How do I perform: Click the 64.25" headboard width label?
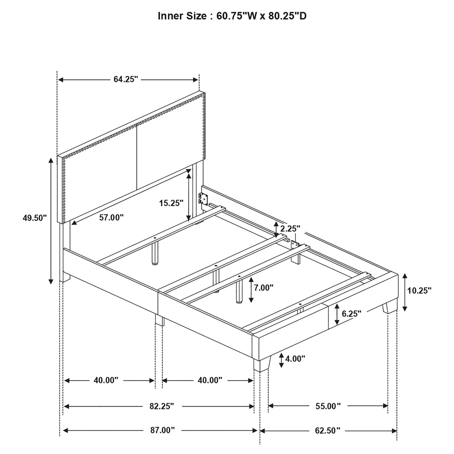click(x=126, y=79)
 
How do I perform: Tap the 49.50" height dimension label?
click(x=35, y=218)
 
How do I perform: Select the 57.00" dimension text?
click(x=111, y=217)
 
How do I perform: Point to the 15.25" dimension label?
click(x=172, y=203)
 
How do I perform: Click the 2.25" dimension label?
click(x=290, y=229)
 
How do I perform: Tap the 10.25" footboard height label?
click(x=419, y=290)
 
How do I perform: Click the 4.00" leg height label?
click(x=295, y=359)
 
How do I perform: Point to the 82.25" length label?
click(x=161, y=406)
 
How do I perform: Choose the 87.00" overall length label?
click(x=162, y=430)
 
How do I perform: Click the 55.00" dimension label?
click(x=328, y=406)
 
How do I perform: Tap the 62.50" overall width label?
click(x=328, y=430)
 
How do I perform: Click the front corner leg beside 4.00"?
click(x=262, y=364)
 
